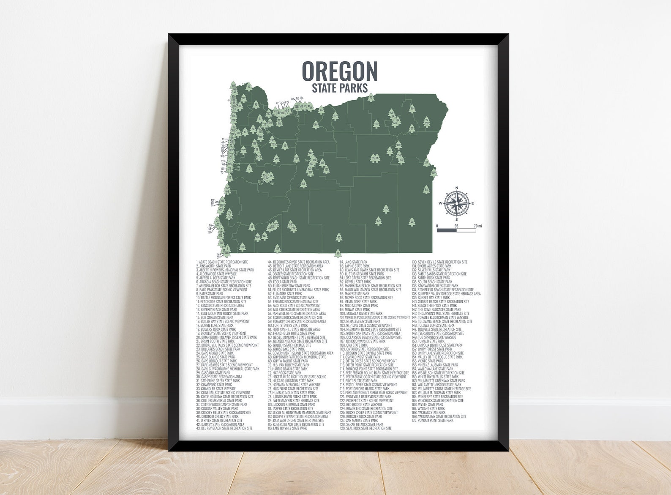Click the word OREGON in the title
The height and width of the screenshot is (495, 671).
click(339, 71)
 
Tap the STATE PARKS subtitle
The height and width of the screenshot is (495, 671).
click(339, 88)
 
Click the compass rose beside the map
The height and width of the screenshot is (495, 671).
click(456, 203)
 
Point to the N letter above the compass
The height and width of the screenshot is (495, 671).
click(456, 188)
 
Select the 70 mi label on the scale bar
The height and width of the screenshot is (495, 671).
click(477, 226)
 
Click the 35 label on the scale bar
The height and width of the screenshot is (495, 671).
click(456, 226)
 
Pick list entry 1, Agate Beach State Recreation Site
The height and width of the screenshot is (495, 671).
click(222, 262)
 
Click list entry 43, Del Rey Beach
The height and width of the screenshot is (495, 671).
click(224, 428)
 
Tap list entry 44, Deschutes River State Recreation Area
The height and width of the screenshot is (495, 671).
click(299, 262)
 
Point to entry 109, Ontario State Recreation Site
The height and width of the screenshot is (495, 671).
click(361, 349)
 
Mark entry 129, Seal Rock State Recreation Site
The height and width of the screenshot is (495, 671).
click(366, 428)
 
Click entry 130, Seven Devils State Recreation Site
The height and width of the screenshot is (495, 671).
click(439, 262)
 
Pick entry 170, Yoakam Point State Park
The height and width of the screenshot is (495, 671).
click(432, 421)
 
